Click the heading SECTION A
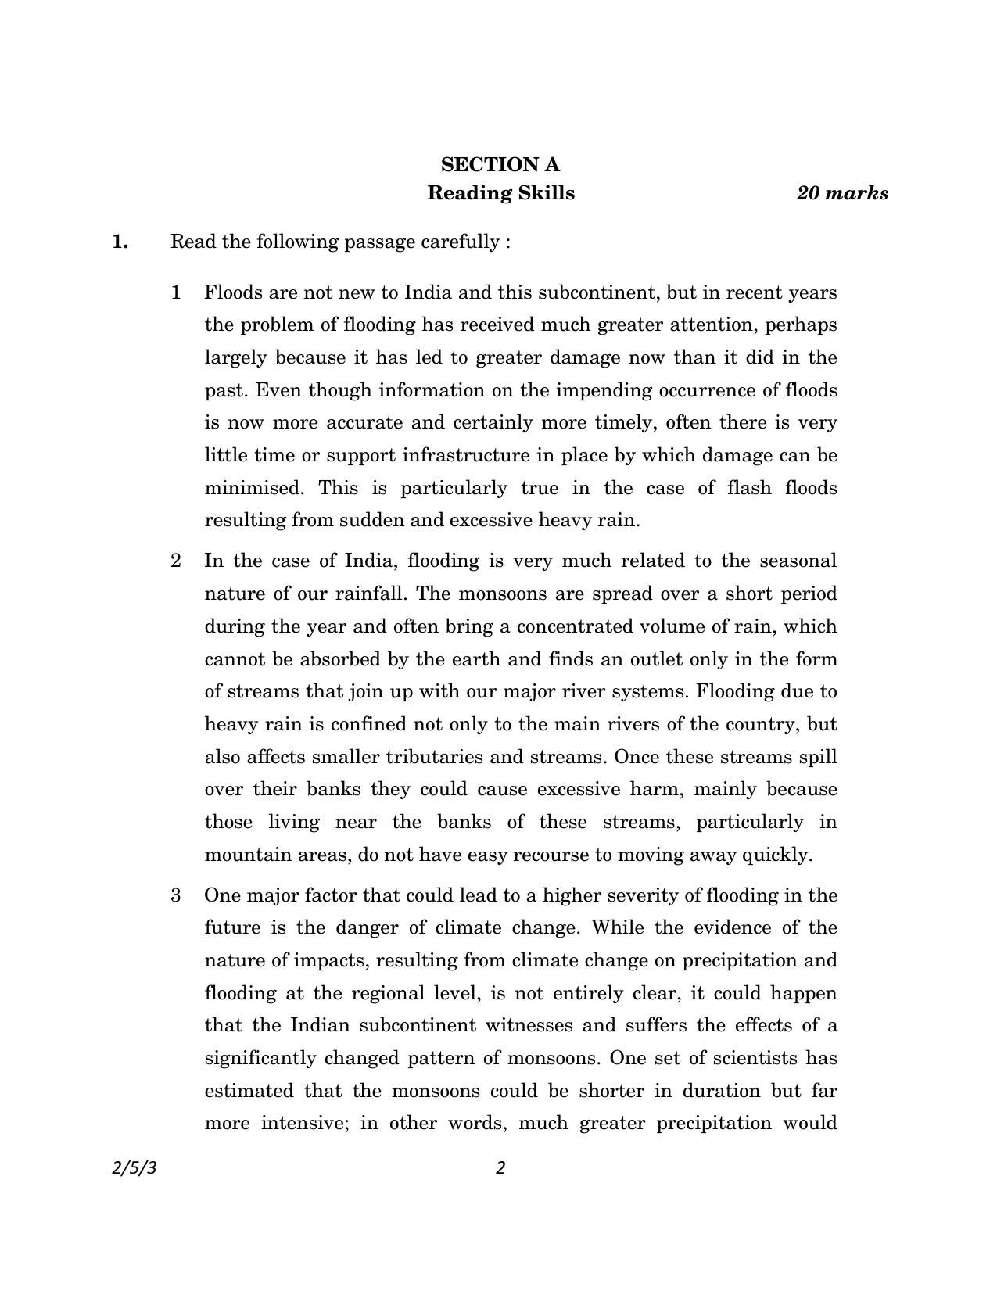[500, 165]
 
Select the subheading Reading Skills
[500, 193]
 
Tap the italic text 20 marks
[842, 193]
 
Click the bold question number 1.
[120, 242]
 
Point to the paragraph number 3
[176, 895]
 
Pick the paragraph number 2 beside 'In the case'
[176, 561]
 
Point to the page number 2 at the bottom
[500, 1167]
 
